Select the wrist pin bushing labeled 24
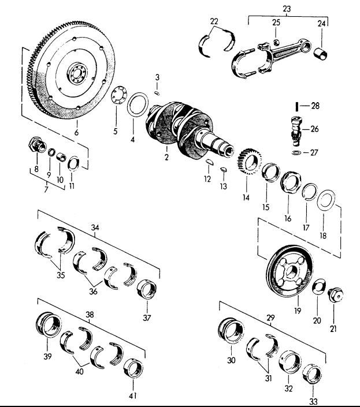321,56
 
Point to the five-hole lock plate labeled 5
119,96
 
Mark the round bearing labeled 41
137,371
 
